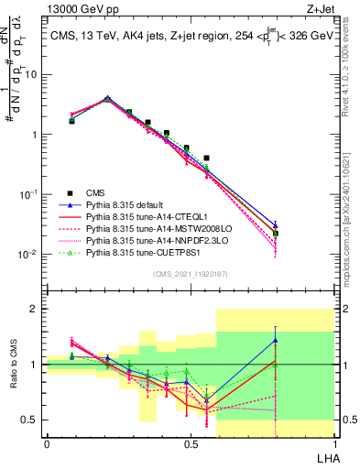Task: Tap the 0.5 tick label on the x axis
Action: point(191,445)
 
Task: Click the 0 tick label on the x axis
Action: point(47,445)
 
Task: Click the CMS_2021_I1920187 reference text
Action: point(191,275)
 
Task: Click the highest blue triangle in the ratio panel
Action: point(276,340)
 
